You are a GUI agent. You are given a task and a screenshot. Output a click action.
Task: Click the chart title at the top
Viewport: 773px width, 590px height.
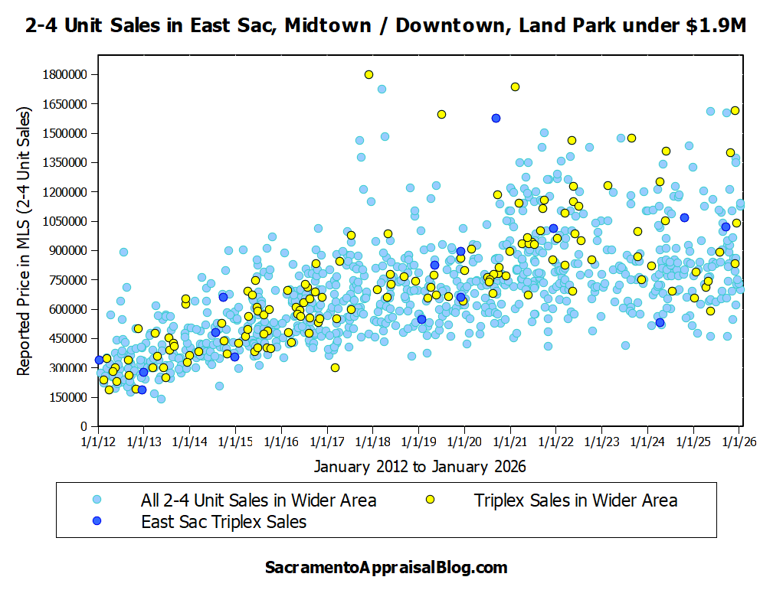point(386,26)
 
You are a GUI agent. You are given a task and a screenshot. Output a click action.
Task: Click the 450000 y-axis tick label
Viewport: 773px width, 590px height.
point(66,338)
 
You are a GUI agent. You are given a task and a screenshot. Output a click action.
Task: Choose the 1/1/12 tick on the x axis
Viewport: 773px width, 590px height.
point(97,442)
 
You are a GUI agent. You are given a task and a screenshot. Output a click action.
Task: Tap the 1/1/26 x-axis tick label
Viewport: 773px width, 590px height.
point(739,442)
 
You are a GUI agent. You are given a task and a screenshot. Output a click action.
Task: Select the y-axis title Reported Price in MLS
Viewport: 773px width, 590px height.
point(25,242)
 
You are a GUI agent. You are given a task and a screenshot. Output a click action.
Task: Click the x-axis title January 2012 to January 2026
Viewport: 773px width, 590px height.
point(420,465)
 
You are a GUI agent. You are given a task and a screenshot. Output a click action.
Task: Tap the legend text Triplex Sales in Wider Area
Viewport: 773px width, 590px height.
point(575,500)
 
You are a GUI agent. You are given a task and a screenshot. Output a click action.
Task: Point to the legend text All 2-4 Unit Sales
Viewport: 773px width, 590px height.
point(258,500)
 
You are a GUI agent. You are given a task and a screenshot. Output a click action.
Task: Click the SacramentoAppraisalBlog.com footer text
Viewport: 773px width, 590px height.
point(386,568)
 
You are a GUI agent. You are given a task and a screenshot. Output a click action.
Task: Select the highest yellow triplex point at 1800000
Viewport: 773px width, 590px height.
point(368,74)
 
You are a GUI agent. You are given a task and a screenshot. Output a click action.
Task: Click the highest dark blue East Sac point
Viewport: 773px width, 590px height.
point(496,118)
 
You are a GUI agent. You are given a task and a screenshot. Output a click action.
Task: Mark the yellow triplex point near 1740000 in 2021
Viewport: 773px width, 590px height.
point(515,86)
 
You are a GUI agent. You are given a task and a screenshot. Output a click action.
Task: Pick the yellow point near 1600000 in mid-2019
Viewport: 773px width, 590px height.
point(441,114)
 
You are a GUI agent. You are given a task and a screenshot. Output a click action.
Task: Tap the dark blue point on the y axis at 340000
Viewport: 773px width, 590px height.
point(99,360)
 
